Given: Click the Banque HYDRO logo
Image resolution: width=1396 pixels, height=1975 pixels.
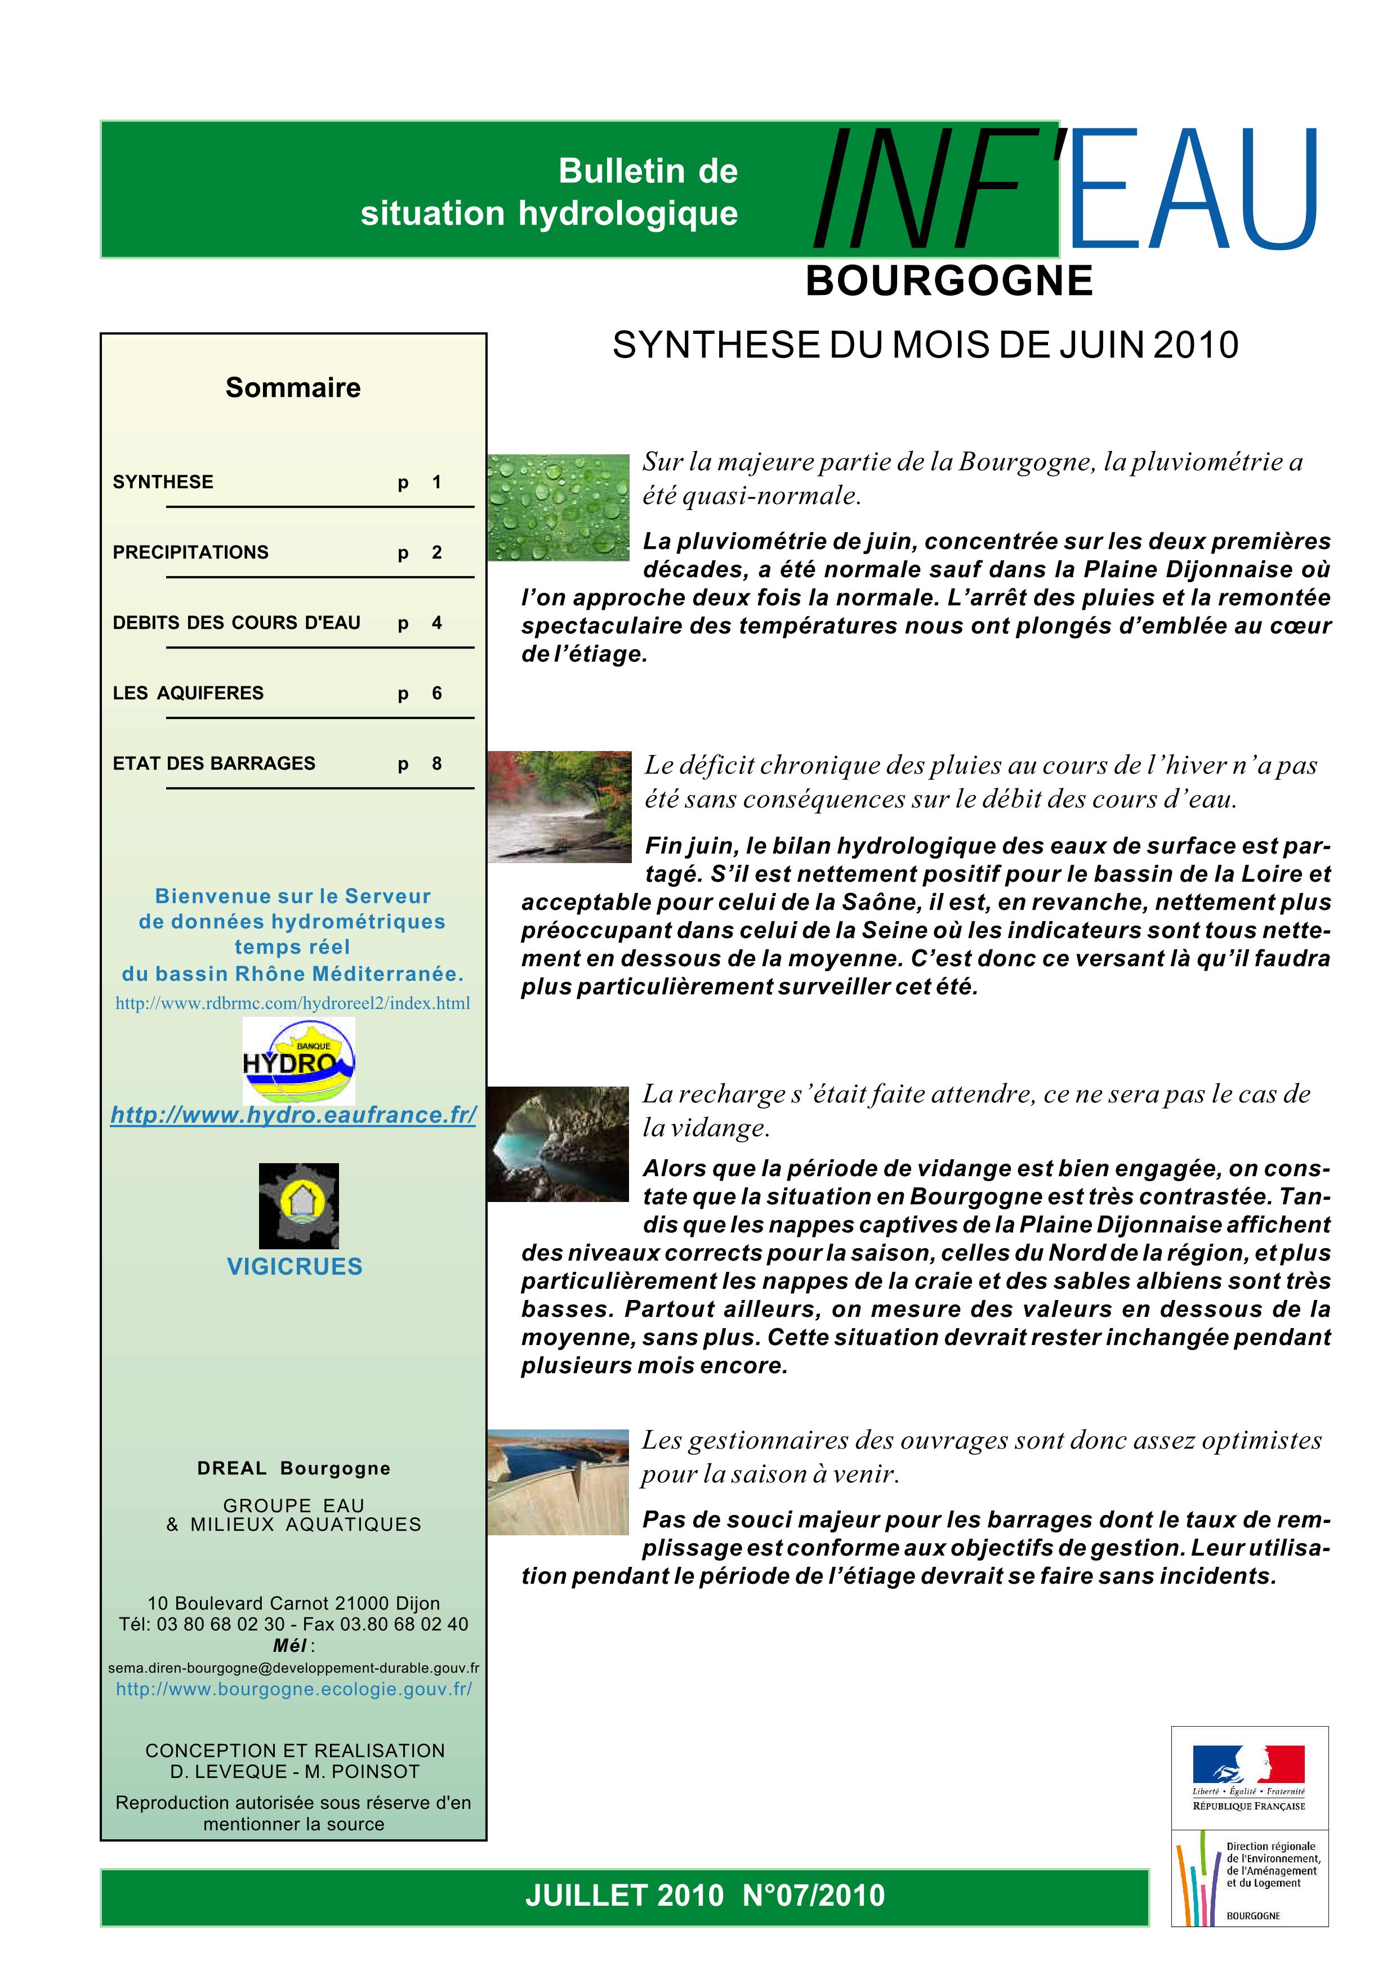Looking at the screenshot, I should point(298,1061).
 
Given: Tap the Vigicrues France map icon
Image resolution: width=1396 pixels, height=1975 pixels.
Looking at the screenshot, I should point(298,1205).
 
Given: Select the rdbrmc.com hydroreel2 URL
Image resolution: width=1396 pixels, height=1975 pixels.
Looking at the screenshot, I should point(292,1003).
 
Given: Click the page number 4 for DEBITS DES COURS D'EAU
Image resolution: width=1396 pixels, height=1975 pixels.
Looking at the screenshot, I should point(437,623).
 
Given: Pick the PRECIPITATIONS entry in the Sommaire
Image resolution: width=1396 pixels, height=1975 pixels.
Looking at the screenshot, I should point(191,552).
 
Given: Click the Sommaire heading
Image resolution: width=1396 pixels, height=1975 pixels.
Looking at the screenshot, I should point(293,388).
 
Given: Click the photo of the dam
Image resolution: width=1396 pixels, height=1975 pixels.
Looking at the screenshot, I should point(558,1482).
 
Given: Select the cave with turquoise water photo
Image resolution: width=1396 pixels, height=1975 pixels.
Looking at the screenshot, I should point(558,1143).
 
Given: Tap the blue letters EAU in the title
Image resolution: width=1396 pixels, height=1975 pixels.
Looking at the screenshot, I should point(1194,189).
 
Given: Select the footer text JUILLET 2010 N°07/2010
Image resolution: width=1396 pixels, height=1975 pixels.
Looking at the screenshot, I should point(704,1895).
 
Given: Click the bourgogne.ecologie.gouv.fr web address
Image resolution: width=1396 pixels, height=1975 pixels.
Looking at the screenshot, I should point(294,1688).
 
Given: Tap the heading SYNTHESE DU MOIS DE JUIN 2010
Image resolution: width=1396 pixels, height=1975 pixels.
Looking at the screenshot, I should point(925,345).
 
